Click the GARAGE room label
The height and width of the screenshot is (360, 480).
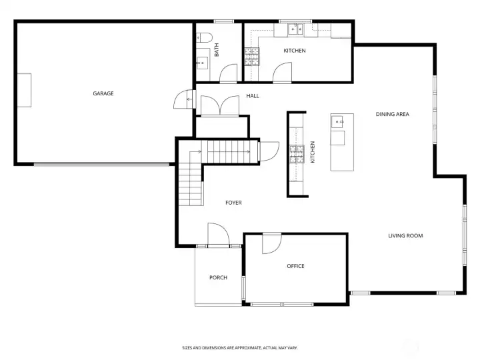click(103, 93)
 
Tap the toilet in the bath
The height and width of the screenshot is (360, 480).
click(204, 37)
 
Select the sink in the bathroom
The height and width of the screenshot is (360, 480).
click(202, 63)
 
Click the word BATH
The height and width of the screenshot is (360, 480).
click(217, 50)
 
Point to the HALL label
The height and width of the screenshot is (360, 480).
click(253, 96)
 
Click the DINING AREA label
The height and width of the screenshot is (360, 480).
click(393, 114)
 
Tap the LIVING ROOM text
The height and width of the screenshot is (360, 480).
click(405, 236)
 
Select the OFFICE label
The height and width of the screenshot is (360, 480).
click(295, 266)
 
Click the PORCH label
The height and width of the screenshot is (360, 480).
click(218, 277)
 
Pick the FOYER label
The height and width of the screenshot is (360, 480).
click(233, 203)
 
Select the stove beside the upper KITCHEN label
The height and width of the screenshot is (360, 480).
click(251, 57)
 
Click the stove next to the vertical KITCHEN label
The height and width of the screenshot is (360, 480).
click(297, 154)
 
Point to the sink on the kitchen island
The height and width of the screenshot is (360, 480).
click(337, 122)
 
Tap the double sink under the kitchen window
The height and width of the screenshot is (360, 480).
click(296, 30)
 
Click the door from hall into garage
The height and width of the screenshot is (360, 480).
click(185, 99)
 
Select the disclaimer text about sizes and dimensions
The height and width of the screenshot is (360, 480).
click(240, 348)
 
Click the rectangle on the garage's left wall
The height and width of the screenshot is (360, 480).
click(24, 90)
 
